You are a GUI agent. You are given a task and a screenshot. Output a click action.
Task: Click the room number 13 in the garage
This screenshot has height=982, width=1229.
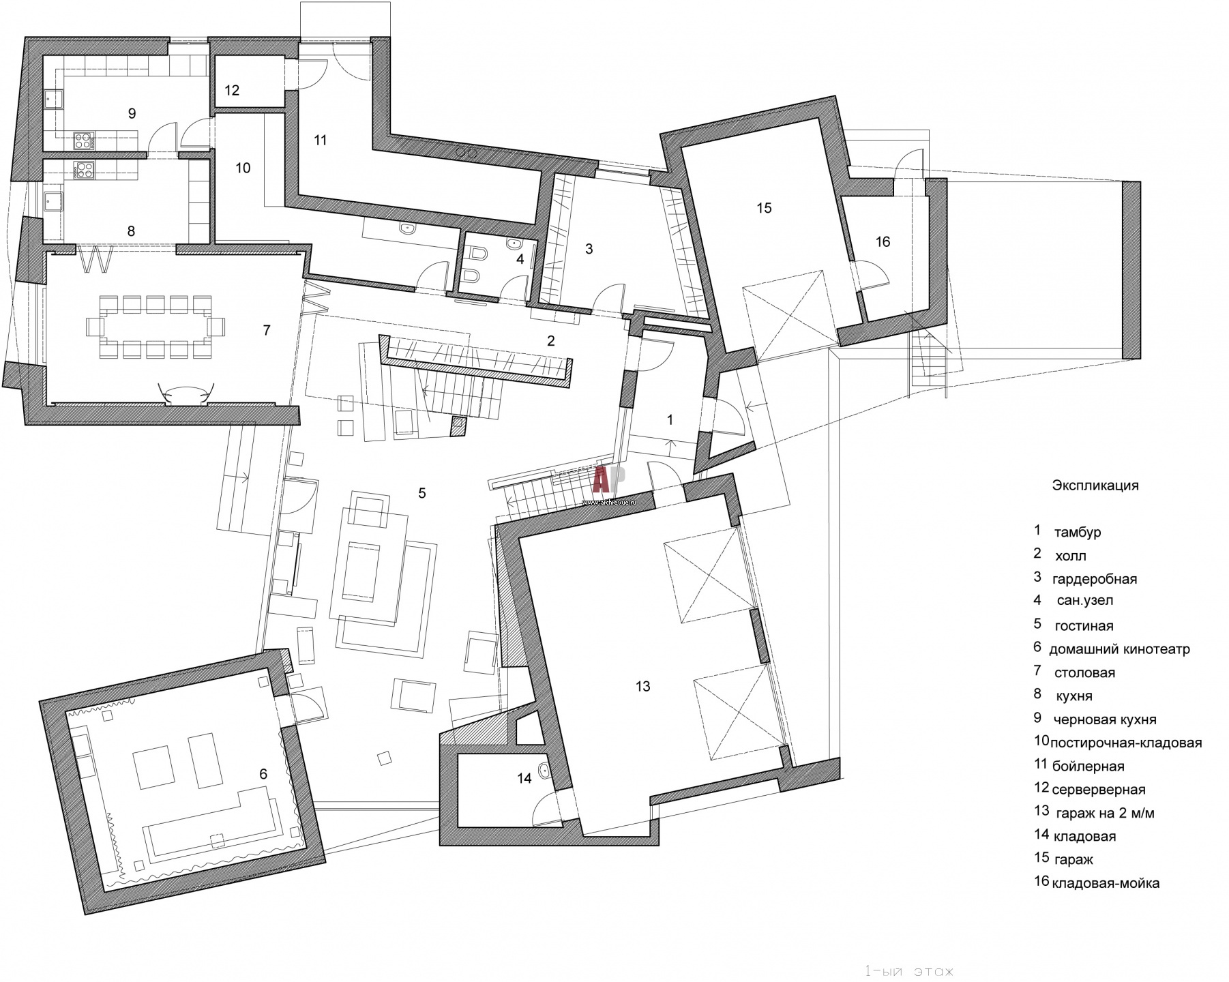642,687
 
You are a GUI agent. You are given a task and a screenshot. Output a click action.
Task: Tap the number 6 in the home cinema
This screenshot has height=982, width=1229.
263,774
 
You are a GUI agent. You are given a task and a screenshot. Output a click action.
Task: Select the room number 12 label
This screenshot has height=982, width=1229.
232,90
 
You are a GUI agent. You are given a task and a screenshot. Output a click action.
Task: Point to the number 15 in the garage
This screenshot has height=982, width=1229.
764,208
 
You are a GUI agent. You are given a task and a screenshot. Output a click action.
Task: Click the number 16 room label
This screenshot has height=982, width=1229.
883,241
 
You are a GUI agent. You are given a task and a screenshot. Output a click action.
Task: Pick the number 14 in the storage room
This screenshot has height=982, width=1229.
524,778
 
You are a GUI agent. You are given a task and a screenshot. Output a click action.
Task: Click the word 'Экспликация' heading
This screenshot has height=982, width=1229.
1095,486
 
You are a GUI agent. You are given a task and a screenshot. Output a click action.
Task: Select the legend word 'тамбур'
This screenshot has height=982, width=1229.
1078,533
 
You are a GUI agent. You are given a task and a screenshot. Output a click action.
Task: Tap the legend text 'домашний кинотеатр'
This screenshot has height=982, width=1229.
1119,649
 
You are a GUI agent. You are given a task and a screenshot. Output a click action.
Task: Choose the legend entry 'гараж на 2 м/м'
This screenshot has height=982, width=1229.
1105,813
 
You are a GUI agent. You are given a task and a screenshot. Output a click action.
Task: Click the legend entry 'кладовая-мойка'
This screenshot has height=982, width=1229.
1106,883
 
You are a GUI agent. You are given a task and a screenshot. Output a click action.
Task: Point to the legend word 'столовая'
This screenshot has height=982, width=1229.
1084,673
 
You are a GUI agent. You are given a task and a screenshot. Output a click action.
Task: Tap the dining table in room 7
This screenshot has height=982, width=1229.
156,327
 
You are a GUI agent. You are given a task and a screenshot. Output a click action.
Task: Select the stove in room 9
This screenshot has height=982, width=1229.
84,141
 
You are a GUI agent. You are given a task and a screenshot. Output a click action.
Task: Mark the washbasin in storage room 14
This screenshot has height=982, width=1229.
545,771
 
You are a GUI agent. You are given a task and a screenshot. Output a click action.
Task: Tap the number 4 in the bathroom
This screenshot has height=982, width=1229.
520,259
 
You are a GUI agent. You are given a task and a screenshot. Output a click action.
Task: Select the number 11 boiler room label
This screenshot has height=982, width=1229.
321,140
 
